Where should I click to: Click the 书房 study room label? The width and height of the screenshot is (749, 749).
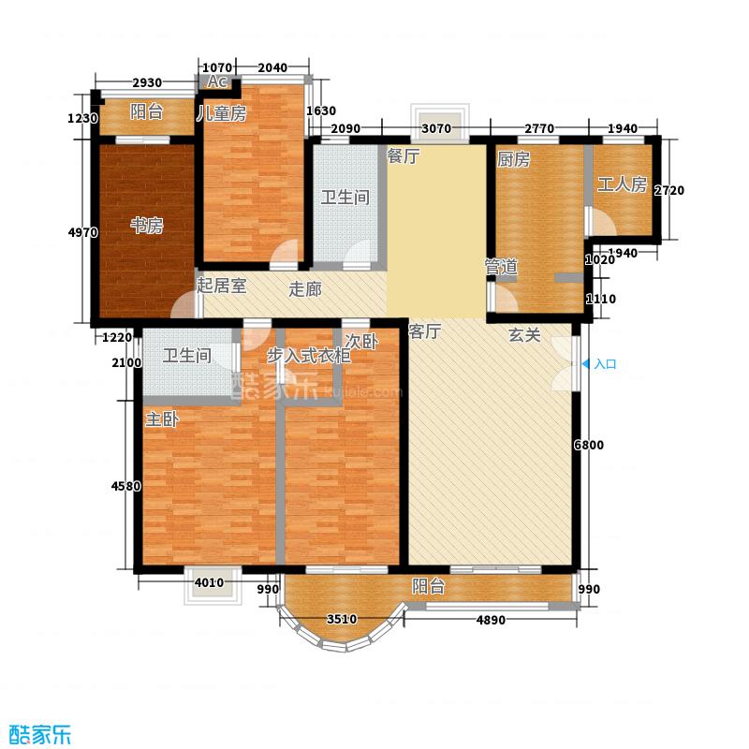point(147,225)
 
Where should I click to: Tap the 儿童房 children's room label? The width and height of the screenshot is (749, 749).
point(222,113)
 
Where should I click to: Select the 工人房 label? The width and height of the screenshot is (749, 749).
point(622,184)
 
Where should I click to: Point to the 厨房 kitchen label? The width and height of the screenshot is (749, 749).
point(513,159)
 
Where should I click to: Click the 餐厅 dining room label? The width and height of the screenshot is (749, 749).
point(404,155)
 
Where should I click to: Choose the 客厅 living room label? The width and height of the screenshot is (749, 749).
point(424,331)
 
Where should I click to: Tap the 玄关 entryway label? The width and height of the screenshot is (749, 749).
point(524,335)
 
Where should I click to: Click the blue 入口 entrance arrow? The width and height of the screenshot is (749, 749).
point(585,364)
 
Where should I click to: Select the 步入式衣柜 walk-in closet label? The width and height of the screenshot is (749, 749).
point(309,356)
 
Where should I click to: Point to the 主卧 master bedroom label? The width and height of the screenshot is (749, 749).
point(162,419)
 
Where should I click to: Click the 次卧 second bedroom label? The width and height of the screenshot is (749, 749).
point(361,341)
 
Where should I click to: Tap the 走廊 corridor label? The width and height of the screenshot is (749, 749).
point(305,289)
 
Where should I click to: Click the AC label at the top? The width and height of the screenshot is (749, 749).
point(216,81)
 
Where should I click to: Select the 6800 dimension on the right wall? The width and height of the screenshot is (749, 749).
point(589,446)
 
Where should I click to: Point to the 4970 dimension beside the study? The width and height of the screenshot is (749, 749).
point(83,232)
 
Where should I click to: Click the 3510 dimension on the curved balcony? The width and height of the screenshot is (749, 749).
point(342,619)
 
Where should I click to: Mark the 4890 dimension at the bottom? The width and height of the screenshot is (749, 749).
point(491,620)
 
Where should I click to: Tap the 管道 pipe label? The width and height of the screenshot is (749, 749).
point(501,267)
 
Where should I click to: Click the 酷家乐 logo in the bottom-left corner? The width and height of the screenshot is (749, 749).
point(40,733)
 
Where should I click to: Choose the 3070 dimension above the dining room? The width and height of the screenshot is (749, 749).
point(437,128)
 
